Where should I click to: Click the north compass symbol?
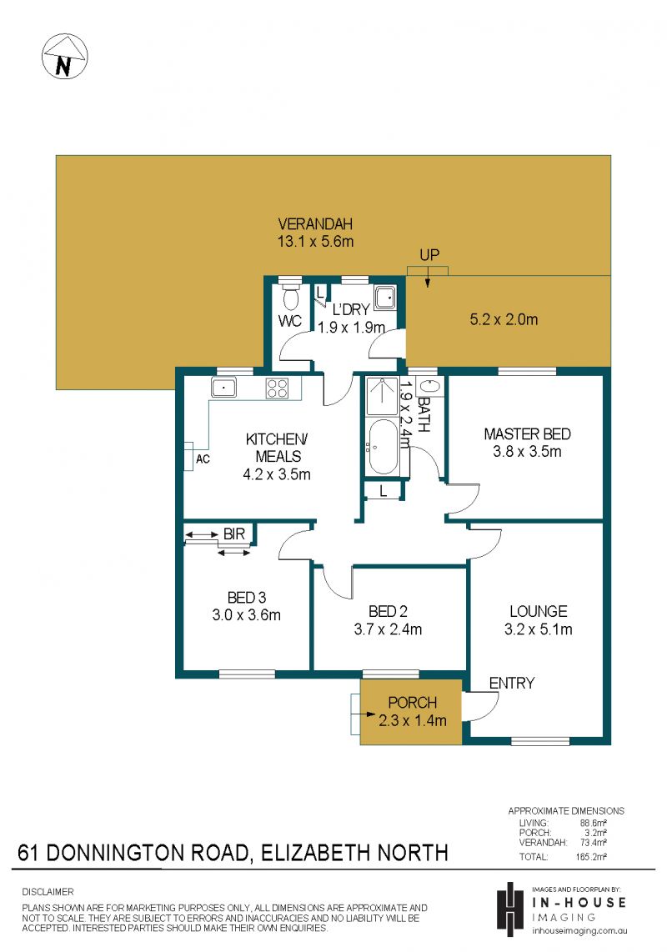click(x=64, y=57)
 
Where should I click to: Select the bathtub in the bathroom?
click(x=383, y=446)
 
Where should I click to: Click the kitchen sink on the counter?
click(x=223, y=387)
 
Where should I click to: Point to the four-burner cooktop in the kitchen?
click(x=277, y=388)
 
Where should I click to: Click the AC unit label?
click(x=203, y=459)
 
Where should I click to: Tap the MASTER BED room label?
click(x=527, y=434)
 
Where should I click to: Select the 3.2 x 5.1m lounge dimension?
click(x=539, y=629)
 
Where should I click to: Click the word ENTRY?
click(x=512, y=683)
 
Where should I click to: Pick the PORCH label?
click(x=413, y=703)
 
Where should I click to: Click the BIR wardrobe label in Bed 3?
click(x=234, y=534)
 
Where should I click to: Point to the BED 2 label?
click(x=389, y=611)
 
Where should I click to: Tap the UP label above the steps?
click(x=429, y=255)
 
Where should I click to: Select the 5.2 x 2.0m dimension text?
click(x=504, y=319)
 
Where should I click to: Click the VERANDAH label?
click(x=315, y=223)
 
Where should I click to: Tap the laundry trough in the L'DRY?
click(x=384, y=298)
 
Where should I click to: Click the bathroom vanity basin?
click(x=429, y=388)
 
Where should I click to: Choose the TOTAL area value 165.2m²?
click(x=591, y=857)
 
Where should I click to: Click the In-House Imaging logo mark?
click(x=510, y=908)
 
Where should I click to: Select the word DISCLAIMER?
click(x=48, y=892)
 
